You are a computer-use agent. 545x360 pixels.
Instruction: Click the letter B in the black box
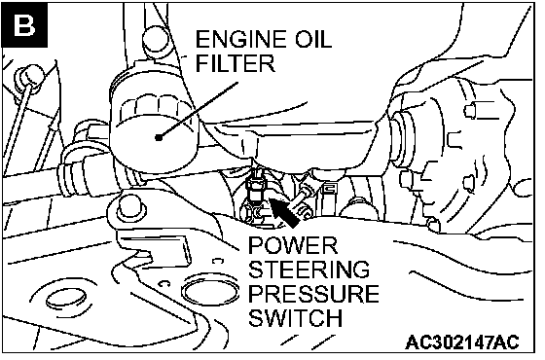(x=24, y=25)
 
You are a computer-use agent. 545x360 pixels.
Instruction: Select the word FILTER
(x=236, y=63)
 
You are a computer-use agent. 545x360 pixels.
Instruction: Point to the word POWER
(x=293, y=245)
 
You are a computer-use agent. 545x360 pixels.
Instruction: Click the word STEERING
(x=309, y=270)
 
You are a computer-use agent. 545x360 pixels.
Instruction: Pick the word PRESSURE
(x=313, y=294)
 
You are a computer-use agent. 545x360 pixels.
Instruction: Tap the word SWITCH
(x=295, y=317)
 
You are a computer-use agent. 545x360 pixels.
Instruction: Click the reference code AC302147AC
(x=462, y=342)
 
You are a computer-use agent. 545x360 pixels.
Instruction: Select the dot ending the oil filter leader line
(x=159, y=137)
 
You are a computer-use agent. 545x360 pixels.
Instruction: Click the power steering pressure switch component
(x=254, y=188)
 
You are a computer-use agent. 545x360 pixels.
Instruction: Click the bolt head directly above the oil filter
(x=156, y=40)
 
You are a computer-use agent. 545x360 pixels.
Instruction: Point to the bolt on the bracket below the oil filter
(x=130, y=208)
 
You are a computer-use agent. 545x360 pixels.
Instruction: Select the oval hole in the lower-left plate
(x=66, y=300)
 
